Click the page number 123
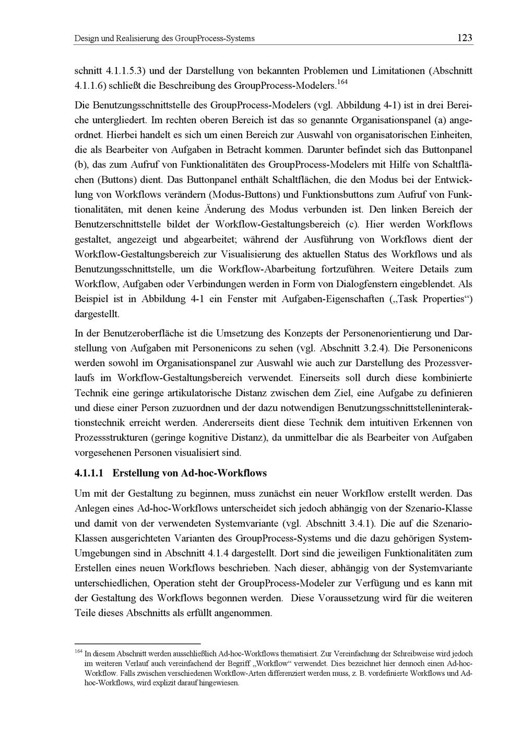point(464,38)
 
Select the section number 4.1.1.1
point(90,473)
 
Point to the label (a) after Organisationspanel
point(443,119)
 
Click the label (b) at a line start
point(81,165)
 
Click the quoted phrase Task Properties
point(433,299)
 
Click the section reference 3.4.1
point(359,523)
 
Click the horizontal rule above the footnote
point(138,644)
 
